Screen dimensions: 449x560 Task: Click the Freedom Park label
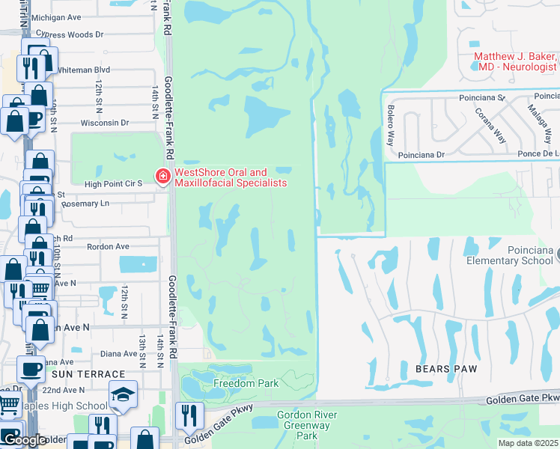pos(246,384)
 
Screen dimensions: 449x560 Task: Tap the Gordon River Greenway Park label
pos(307,424)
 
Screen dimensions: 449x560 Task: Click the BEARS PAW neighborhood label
pos(442,369)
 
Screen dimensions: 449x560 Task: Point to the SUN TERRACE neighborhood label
pos(88,374)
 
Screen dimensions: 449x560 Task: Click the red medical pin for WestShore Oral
pos(162,177)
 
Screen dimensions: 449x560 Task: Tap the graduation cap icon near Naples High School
pos(122,395)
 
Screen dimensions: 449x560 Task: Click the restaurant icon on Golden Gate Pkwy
pos(189,416)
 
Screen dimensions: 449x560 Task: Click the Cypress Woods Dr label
pos(72,34)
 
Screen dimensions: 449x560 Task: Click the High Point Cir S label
pos(114,184)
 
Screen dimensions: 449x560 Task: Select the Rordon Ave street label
pos(108,246)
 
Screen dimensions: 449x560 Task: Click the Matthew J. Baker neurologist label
pos(515,62)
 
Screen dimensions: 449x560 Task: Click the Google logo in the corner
pos(25,439)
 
